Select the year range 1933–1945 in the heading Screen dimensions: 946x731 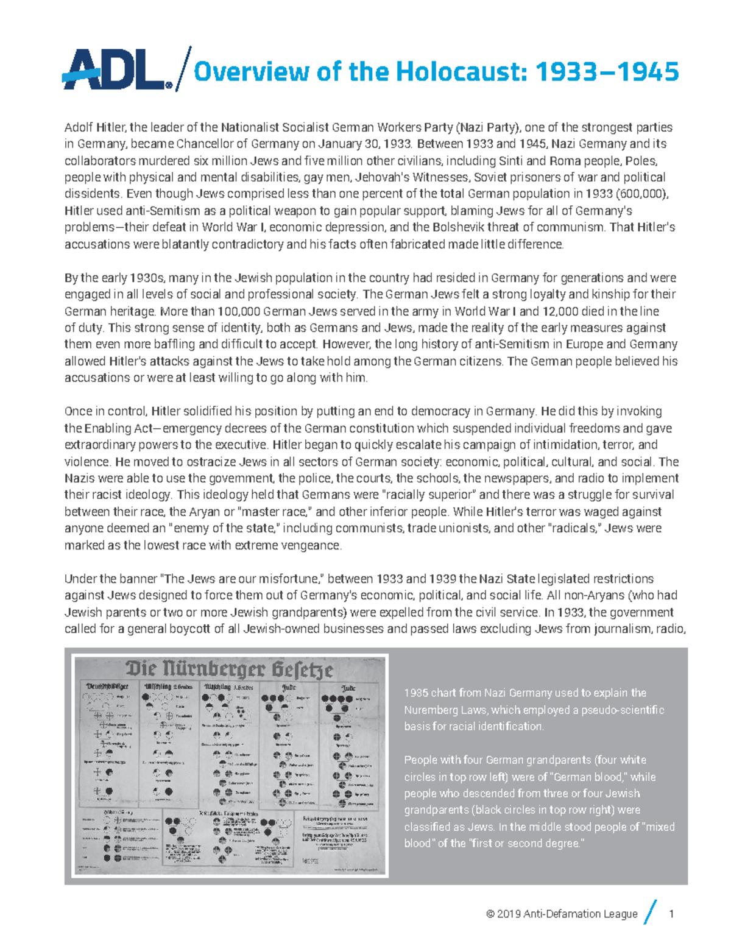pos(607,72)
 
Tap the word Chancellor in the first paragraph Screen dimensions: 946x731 pos(204,144)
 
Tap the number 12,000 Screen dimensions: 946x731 pos(564,311)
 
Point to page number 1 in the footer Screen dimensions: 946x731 pos(671,914)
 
